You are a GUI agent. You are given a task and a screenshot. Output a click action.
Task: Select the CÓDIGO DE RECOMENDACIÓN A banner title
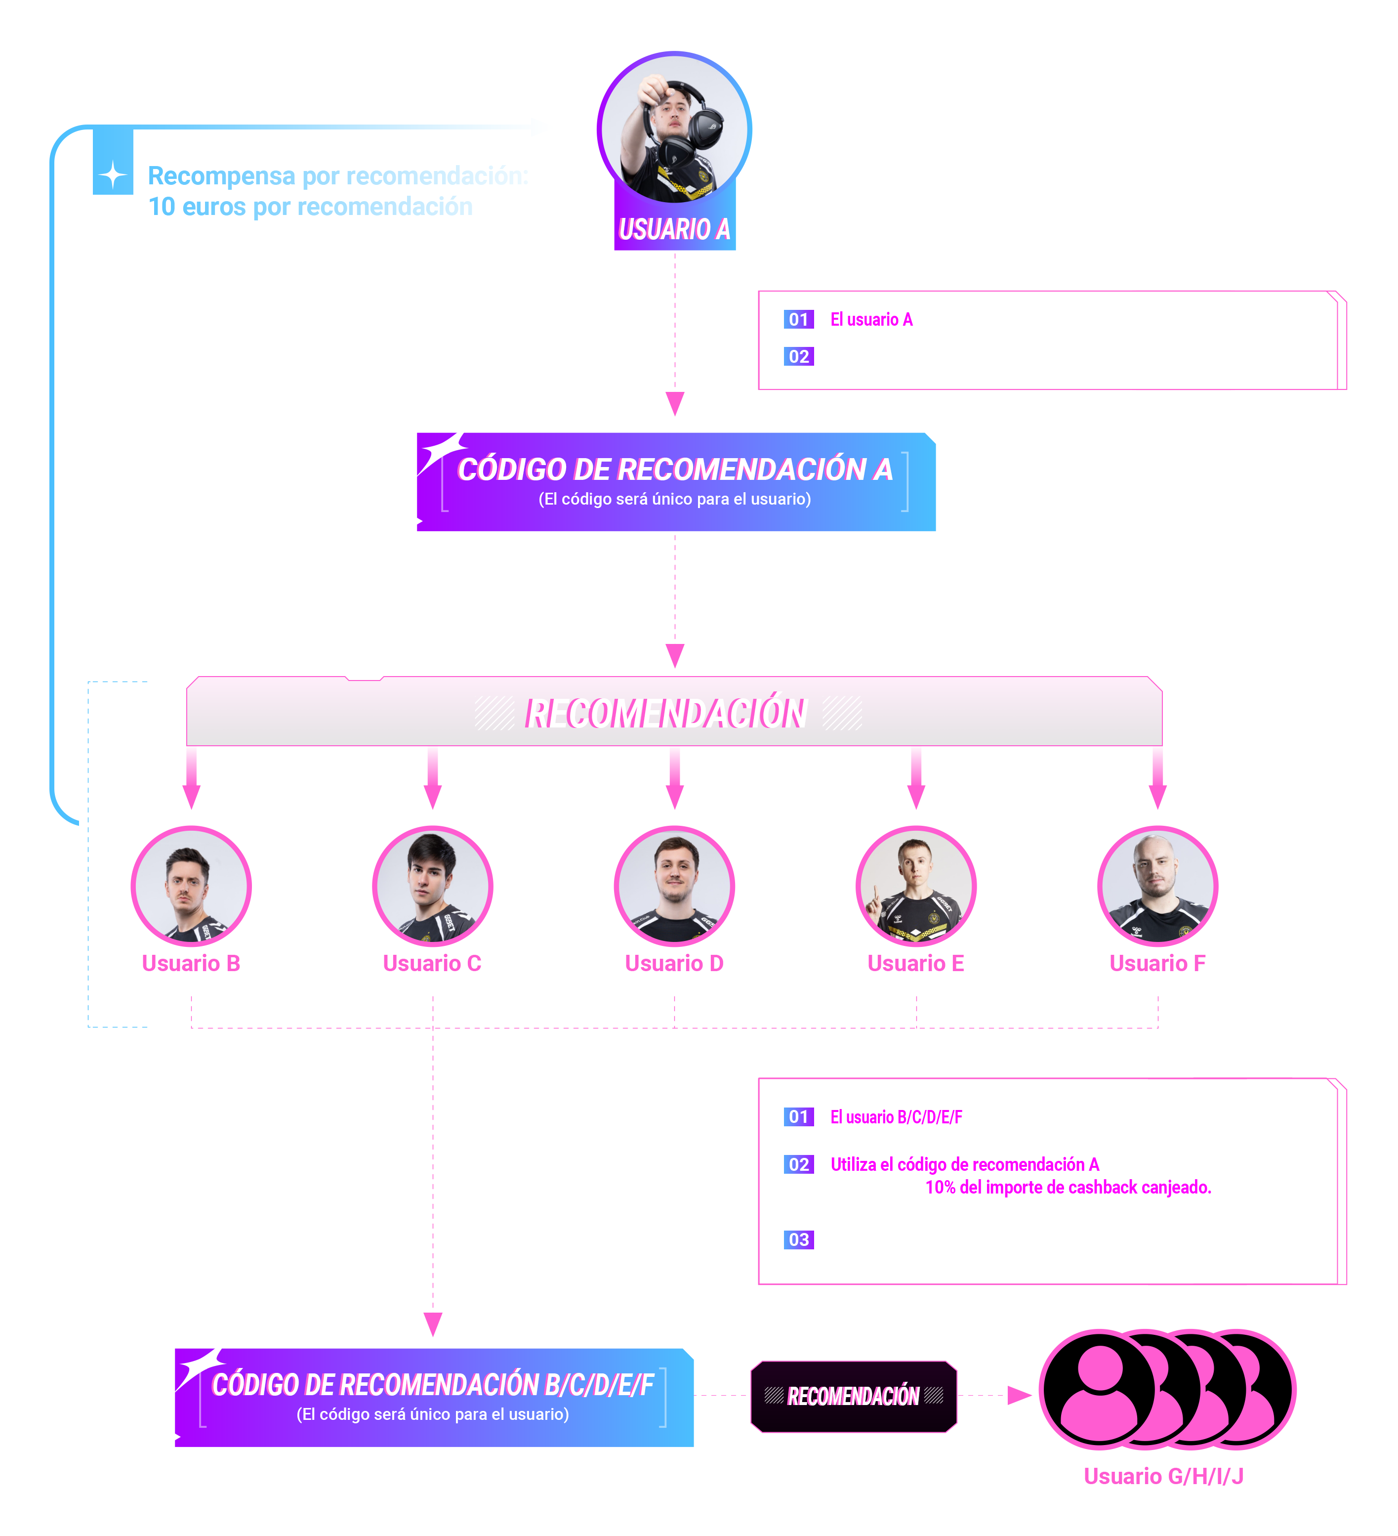(x=675, y=469)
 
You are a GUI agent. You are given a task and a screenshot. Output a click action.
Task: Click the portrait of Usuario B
(x=191, y=886)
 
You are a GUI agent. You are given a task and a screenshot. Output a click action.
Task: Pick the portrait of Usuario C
(x=433, y=886)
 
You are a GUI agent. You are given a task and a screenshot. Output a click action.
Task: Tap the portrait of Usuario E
(x=916, y=886)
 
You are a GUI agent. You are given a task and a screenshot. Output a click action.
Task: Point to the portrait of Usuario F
(x=1157, y=886)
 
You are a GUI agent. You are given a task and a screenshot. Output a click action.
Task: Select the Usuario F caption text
(x=1157, y=964)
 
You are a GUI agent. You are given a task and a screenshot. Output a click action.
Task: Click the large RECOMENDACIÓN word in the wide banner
(x=667, y=714)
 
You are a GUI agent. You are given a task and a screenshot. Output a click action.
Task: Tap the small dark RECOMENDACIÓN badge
(x=854, y=1396)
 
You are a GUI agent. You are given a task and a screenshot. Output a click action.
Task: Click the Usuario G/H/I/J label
(x=1163, y=1477)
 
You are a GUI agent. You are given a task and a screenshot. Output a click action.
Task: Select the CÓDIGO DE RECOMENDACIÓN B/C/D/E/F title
(x=433, y=1384)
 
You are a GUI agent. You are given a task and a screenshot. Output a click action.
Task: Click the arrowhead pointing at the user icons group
(x=1019, y=1396)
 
